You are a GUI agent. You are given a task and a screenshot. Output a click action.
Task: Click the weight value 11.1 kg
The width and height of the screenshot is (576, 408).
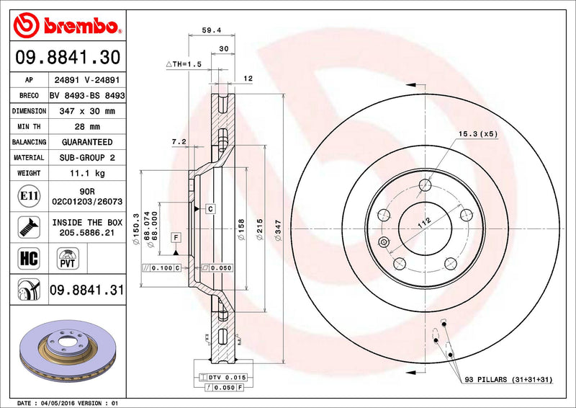tap(86, 173)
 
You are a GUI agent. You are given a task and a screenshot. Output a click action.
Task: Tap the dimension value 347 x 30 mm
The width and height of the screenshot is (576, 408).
tap(86, 111)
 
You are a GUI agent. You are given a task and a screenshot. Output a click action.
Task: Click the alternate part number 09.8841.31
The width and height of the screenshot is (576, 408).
tap(86, 291)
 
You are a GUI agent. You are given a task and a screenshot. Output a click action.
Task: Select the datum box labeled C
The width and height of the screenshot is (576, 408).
tap(210, 209)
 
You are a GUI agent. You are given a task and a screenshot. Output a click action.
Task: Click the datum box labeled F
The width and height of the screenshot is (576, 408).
tap(175, 237)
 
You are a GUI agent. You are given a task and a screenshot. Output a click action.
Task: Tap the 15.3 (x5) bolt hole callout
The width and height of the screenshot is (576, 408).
tap(477, 133)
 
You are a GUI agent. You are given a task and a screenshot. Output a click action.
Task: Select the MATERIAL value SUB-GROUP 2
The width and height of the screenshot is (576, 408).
tap(86, 157)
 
